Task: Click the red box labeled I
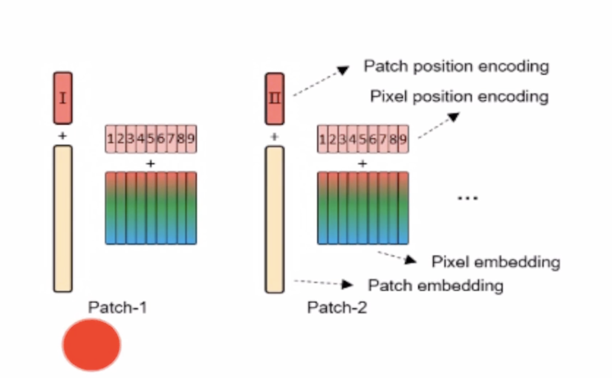coord(63,98)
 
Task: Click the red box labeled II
coord(275,98)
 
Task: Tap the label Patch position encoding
coord(456,66)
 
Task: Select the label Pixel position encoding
coord(459,96)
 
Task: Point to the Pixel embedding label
coord(495,262)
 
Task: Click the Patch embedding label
coord(435,285)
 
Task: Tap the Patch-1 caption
coord(117,307)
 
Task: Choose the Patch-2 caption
coord(337,307)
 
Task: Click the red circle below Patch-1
coord(91,345)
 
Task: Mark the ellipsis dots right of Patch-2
coord(467,198)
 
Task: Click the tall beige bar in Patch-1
coord(63,219)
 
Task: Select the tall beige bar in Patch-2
coord(275,219)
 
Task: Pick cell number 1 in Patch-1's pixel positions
coord(110,139)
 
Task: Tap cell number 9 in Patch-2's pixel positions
coord(403,139)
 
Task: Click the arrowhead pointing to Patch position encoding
coord(343,70)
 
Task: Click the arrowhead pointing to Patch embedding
coord(347,284)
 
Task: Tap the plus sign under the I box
coord(62,136)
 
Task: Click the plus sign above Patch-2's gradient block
coord(362,163)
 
